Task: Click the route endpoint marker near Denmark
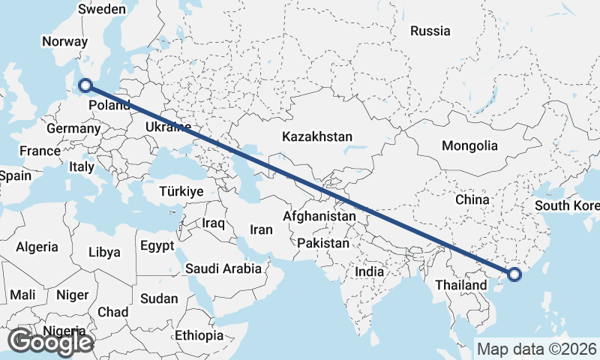coord(85,86)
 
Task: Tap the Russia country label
coord(430,31)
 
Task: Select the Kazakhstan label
coord(317,136)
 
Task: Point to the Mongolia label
coord(469,145)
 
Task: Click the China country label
coord(472,199)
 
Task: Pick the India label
coord(370,271)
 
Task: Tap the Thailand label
coord(460,285)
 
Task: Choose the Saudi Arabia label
coord(223,268)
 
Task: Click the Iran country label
coord(261,229)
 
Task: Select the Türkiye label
coord(181,192)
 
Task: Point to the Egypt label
coord(157,245)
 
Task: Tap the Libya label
coord(103,252)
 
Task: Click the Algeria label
coord(37,246)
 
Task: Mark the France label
coord(40,151)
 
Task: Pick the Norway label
coord(64,42)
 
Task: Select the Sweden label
coord(102,9)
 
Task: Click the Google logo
coord(51,342)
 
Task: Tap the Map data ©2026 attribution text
coord(537,349)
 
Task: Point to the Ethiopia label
coord(199,334)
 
